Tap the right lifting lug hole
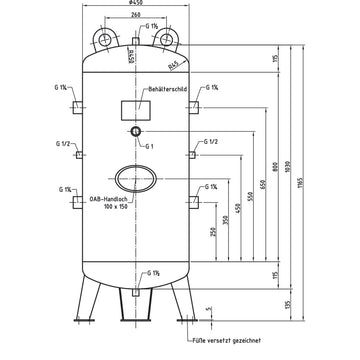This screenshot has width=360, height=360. (163, 38)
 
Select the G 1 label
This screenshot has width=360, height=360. (149, 146)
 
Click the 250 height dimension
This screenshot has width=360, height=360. (213, 232)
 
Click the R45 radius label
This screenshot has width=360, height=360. (177, 67)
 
